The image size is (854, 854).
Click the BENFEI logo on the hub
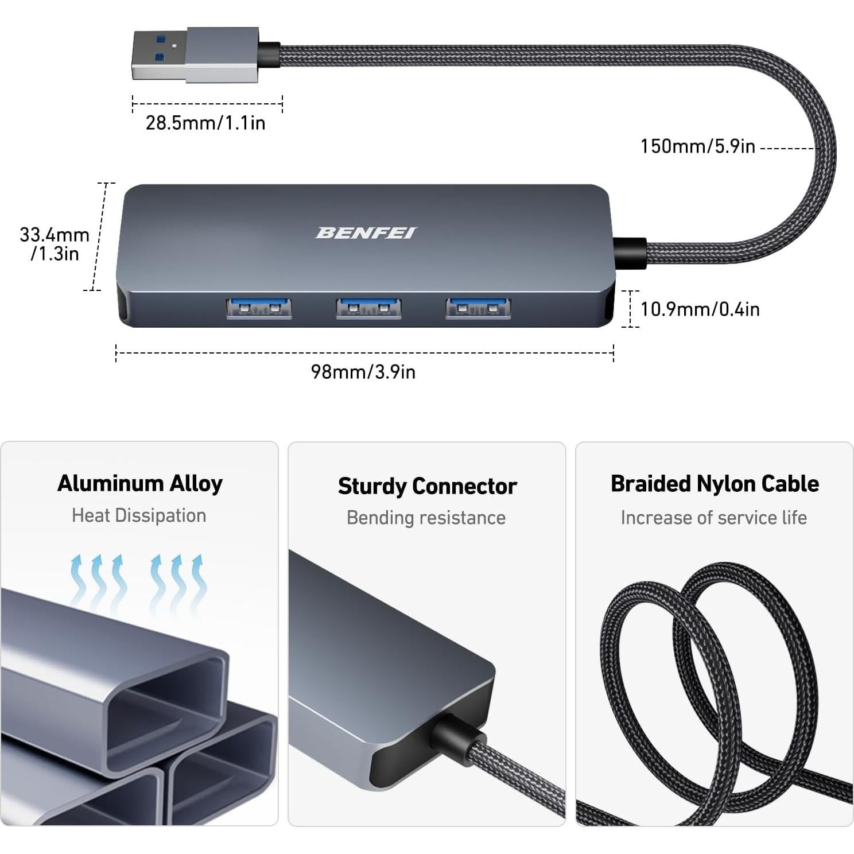366,232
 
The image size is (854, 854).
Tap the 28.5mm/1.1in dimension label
205,123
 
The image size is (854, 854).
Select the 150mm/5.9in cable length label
697,146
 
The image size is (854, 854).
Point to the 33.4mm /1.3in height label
54,244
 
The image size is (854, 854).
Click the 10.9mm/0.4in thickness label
700,309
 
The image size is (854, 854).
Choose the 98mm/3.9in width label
363,372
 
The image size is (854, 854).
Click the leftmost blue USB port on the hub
259,308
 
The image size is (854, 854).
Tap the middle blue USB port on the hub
368,308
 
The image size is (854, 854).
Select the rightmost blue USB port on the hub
478,308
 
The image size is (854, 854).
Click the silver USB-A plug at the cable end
195,55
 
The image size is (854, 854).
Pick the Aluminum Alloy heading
139,483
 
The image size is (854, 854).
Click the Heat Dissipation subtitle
139,515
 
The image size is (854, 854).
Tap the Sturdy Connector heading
427,486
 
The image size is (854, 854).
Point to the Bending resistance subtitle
426,518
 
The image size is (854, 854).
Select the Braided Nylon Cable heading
715,484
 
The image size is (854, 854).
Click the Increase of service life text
713,518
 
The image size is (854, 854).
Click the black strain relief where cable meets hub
630,253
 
